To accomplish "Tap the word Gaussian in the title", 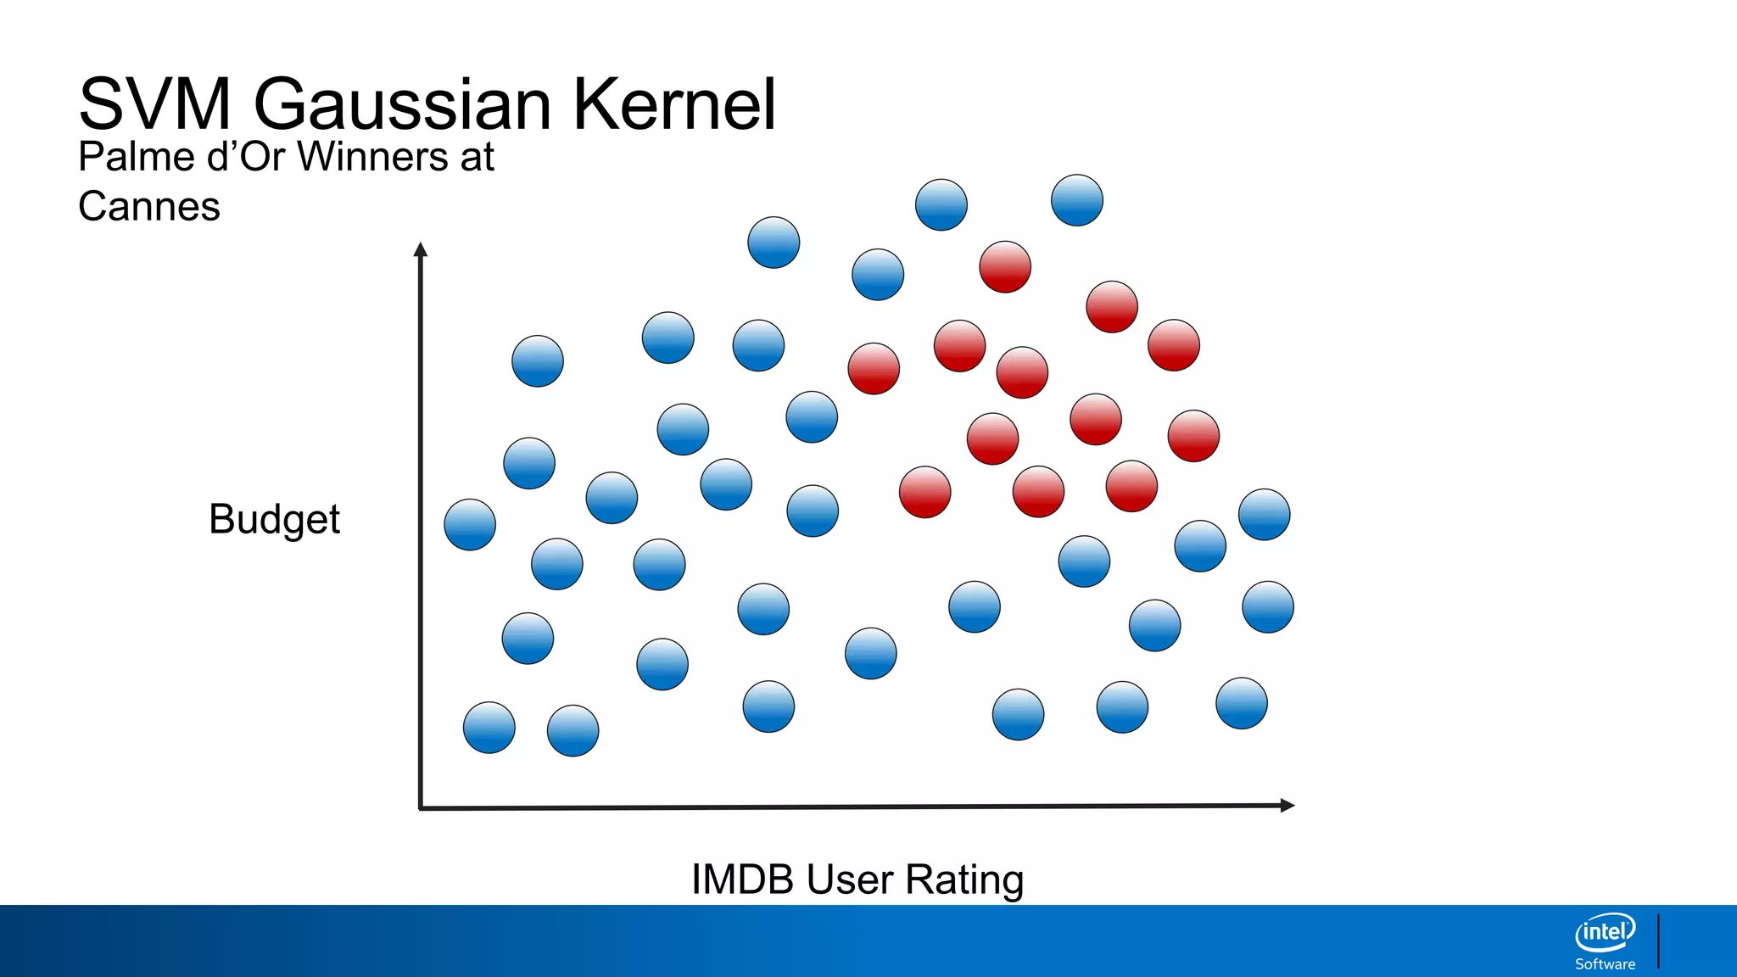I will (x=403, y=104).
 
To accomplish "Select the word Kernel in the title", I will (x=674, y=104).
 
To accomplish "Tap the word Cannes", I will (x=149, y=207).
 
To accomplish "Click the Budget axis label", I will (x=274, y=519).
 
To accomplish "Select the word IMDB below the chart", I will (x=742, y=879).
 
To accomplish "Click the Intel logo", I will (x=1605, y=932).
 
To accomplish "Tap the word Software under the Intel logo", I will (x=1605, y=964).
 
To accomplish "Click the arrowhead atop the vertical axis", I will (x=420, y=248).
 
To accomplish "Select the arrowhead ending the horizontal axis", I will (x=1287, y=805).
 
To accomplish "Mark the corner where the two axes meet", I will (x=421, y=807).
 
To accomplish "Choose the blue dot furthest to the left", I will (x=470, y=525).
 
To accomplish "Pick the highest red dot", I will (x=1005, y=267).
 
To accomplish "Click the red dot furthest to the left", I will (x=874, y=369).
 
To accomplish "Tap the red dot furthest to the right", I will (x=1193, y=436).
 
